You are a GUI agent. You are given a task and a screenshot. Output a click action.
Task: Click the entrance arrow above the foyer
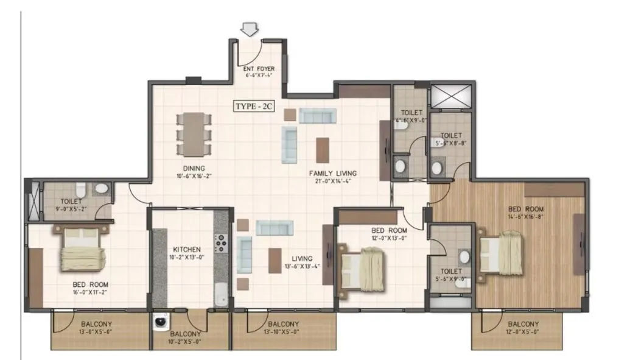point(250,29)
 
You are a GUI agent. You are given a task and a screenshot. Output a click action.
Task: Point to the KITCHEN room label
point(183,250)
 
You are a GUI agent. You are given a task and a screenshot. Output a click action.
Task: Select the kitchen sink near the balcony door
point(221,294)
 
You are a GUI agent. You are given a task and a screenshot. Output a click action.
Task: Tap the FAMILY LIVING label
point(332,173)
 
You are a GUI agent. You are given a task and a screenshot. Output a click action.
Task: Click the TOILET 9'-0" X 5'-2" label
point(71,202)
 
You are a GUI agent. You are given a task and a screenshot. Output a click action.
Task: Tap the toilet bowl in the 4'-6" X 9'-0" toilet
point(401,165)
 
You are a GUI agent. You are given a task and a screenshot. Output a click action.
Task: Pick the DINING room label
point(193,169)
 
